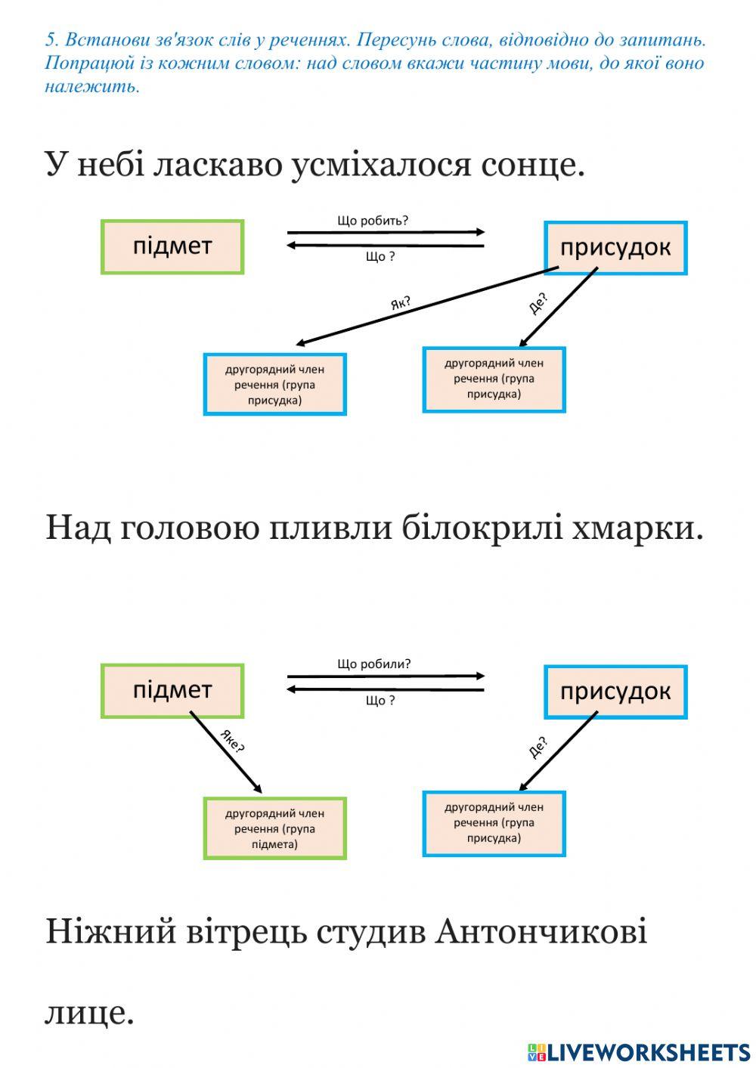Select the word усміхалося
tap(382, 164)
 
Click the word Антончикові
tap(541, 931)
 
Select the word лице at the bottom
tap(89, 1013)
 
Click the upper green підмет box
tap(172, 246)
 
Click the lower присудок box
tap(615, 692)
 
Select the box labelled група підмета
tap(274, 828)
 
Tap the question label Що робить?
tap(373, 221)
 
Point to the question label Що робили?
tap(374, 664)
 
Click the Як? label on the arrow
tap(401, 304)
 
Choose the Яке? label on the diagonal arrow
tap(232, 742)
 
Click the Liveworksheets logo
tap(638, 1051)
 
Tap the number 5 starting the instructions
tap(50, 39)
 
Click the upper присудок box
tap(615, 248)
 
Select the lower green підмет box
tap(172, 691)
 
